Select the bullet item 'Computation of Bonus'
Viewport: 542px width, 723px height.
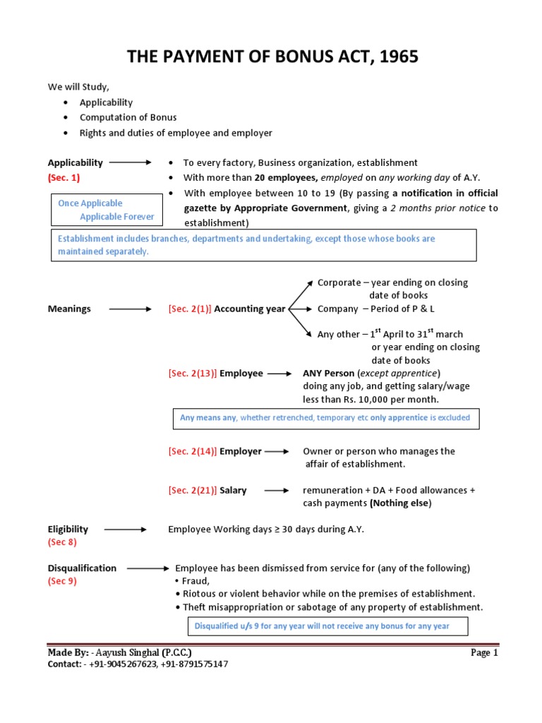point(128,117)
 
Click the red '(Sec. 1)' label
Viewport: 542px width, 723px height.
point(64,178)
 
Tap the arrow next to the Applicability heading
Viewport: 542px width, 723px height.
point(130,162)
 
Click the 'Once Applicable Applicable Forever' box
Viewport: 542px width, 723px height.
point(106,210)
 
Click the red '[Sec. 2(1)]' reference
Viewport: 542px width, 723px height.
point(189,309)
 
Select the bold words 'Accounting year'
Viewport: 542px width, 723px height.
point(250,309)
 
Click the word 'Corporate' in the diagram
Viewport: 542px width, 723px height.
point(339,282)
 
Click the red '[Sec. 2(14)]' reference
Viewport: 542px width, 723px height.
point(192,451)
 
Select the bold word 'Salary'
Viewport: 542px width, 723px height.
point(233,490)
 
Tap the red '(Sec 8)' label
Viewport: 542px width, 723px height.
point(62,542)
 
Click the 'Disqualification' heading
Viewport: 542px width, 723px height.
point(82,568)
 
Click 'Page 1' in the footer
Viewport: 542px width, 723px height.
point(484,653)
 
